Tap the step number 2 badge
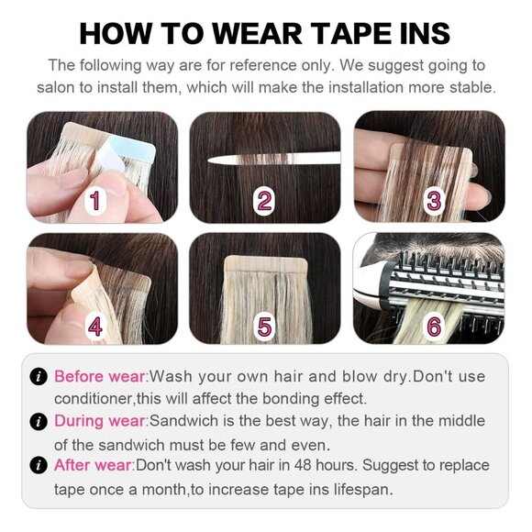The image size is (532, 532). (264, 200)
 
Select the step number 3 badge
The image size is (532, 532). (433, 200)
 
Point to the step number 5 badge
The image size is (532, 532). (264, 324)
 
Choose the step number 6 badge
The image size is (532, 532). (433, 324)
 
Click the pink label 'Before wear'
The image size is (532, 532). (100, 377)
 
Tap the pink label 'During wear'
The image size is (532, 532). (101, 421)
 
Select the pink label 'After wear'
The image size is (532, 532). (94, 465)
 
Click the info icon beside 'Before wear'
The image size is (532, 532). (39, 377)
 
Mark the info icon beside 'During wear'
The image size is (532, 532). (39, 421)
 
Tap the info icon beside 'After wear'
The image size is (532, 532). (39, 465)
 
